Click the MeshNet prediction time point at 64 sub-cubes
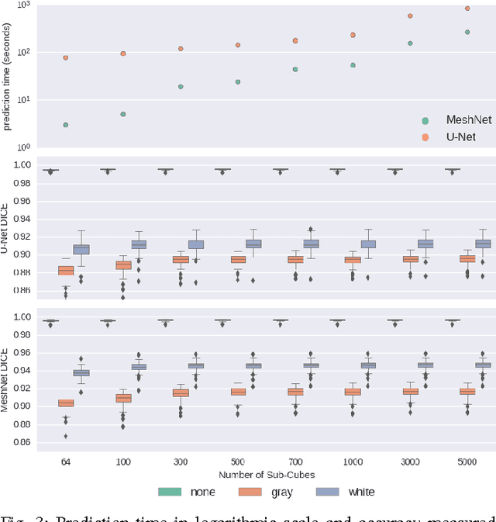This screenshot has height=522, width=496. click(x=66, y=125)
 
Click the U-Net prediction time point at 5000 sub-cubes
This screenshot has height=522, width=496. click(x=467, y=9)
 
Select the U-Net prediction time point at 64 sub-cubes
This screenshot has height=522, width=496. click(x=66, y=57)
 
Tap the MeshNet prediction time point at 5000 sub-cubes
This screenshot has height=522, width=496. click(x=467, y=32)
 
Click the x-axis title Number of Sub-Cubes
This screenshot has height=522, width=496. click(x=266, y=474)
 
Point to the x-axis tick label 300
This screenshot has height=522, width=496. click(x=164, y=462)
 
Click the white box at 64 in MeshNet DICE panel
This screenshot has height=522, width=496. click(x=81, y=372)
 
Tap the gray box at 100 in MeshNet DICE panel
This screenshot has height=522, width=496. click(x=123, y=398)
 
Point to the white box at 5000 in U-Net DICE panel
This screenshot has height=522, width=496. click(x=483, y=244)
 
